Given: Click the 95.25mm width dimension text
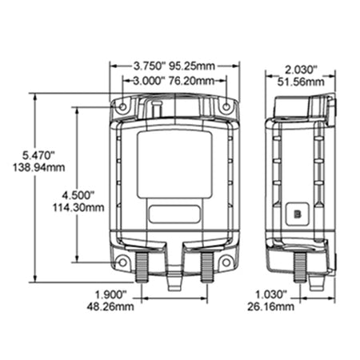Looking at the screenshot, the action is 192,66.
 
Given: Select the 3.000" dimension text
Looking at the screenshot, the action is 147,81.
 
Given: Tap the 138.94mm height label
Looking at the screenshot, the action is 39,167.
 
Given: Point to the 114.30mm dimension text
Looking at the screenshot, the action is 78,207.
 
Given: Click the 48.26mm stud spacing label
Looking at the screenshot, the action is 110,306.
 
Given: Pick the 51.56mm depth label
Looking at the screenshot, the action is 301,82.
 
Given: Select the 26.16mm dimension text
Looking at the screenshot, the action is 271,306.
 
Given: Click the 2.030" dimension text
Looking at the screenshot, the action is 301,70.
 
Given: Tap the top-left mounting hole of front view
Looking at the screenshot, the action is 122,107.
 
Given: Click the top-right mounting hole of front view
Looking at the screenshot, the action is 226,107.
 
